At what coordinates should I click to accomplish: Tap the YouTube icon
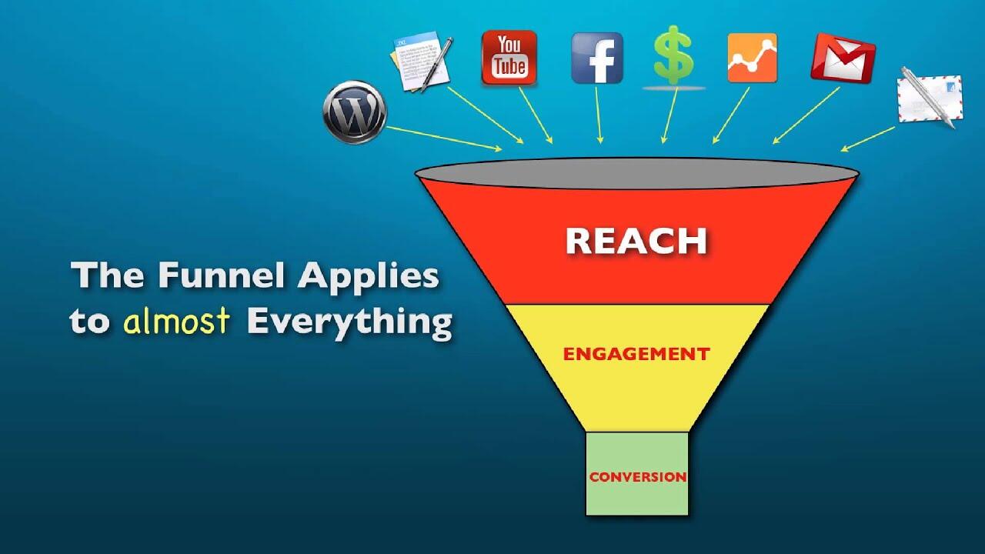pyautogui.click(x=509, y=57)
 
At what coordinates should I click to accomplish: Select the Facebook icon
pyautogui.click(x=596, y=58)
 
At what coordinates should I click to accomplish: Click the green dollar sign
pyautogui.click(x=673, y=55)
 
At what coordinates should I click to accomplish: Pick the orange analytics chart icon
pyautogui.click(x=752, y=58)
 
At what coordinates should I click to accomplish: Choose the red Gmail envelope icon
pyautogui.click(x=843, y=58)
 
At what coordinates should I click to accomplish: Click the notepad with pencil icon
pyautogui.click(x=420, y=62)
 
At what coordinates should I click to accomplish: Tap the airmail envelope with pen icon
pyautogui.click(x=929, y=98)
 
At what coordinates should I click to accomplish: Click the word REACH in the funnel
pyautogui.click(x=636, y=241)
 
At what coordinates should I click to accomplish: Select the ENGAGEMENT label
pyautogui.click(x=636, y=354)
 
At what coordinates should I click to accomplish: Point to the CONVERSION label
pyautogui.click(x=637, y=477)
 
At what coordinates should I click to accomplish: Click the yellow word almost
pyautogui.click(x=176, y=321)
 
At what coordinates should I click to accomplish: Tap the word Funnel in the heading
pyautogui.click(x=205, y=275)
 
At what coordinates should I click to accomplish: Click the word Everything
pyautogui.click(x=349, y=322)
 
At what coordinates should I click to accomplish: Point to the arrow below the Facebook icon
pyautogui.click(x=599, y=115)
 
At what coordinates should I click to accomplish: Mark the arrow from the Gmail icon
pyautogui.click(x=806, y=115)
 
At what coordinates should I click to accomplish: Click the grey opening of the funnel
pyautogui.click(x=636, y=172)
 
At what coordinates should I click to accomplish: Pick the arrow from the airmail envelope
pyautogui.click(x=868, y=138)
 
